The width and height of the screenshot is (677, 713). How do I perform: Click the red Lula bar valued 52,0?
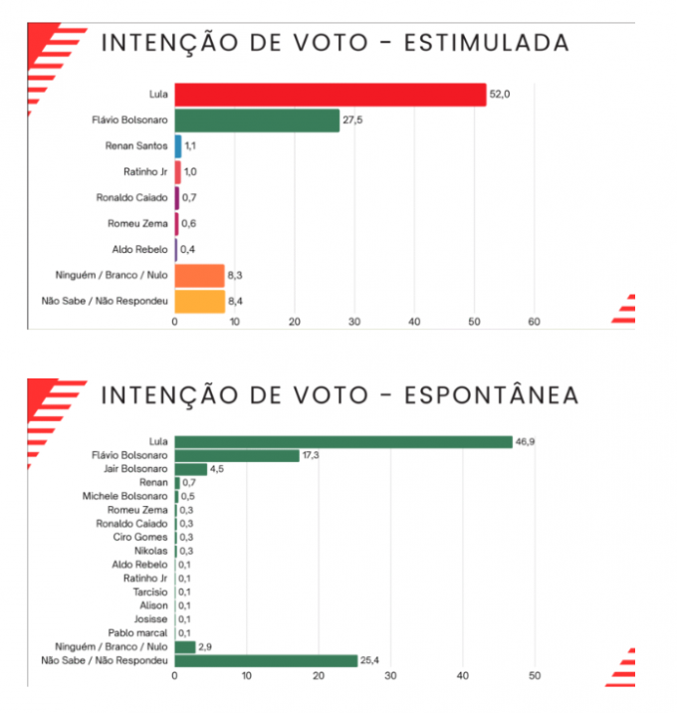click(x=331, y=95)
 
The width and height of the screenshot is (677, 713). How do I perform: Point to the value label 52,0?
click(x=500, y=95)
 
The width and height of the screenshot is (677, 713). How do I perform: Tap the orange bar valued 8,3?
click(x=199, y=275)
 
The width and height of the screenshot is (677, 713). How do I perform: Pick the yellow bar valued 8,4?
click(x=200, y=301)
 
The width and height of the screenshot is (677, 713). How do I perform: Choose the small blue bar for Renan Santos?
click(x=178, y=146)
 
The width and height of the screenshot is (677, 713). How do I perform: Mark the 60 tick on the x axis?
click(x=535, y=322)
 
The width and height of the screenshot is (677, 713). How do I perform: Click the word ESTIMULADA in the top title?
click(x=493, y=43)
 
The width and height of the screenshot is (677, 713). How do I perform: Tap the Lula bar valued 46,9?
click(x=343, y=441)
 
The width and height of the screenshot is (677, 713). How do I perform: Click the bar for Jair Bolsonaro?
click(x=191, y=469)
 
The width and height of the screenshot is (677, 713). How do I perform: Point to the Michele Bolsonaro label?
click(x=125, y=496)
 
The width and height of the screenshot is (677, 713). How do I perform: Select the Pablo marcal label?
click(x=136, y=632)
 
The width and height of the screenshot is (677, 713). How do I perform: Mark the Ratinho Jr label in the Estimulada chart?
click(x=144, y=171)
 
